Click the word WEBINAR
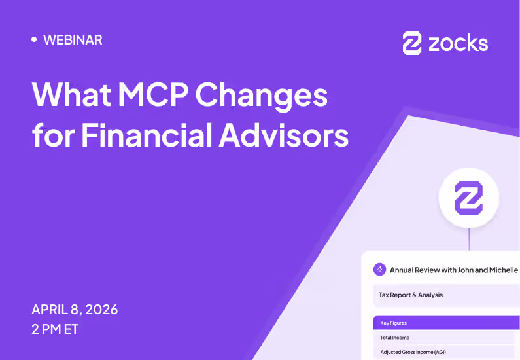73,40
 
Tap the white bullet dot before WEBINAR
34,39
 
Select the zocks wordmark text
458,43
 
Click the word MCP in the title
148,96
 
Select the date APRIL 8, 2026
75,310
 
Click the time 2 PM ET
55,329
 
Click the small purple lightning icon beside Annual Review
379,270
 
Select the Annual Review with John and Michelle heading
453,270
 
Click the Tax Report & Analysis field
411,295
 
